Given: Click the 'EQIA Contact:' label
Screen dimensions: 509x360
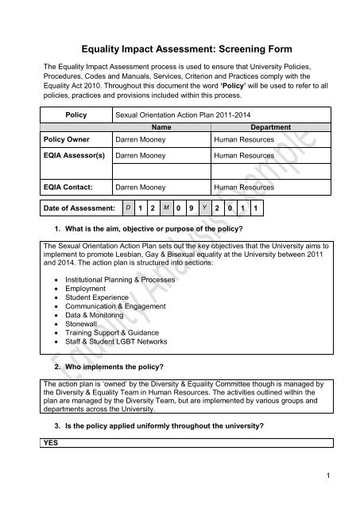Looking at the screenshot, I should (x=69, y=190).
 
